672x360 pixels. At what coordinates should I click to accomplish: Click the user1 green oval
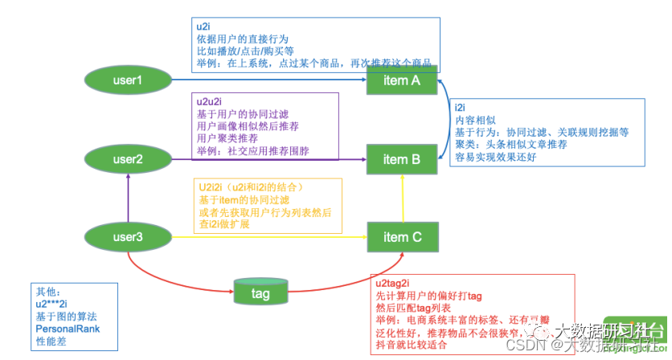click(x=126, y=80)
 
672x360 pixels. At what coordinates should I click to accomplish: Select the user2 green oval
click(x=126, y=159)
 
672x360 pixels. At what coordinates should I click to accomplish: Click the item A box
click(x=402, y=80)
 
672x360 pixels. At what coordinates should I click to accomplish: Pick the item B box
click(x=402, y=159)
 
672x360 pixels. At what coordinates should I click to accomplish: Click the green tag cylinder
click(x=260, y=292)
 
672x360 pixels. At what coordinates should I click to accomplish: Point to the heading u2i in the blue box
click(x=204, y=26)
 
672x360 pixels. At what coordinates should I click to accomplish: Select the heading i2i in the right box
click(x=461, y=108)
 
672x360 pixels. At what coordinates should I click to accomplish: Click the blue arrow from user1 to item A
click(x=265, y=80)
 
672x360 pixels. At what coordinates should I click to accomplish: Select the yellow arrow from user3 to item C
click(x=265, y=237)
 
